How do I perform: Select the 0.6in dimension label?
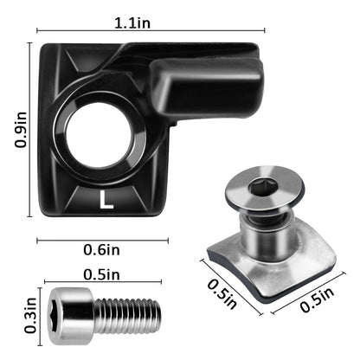101,250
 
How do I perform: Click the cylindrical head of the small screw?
70,309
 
